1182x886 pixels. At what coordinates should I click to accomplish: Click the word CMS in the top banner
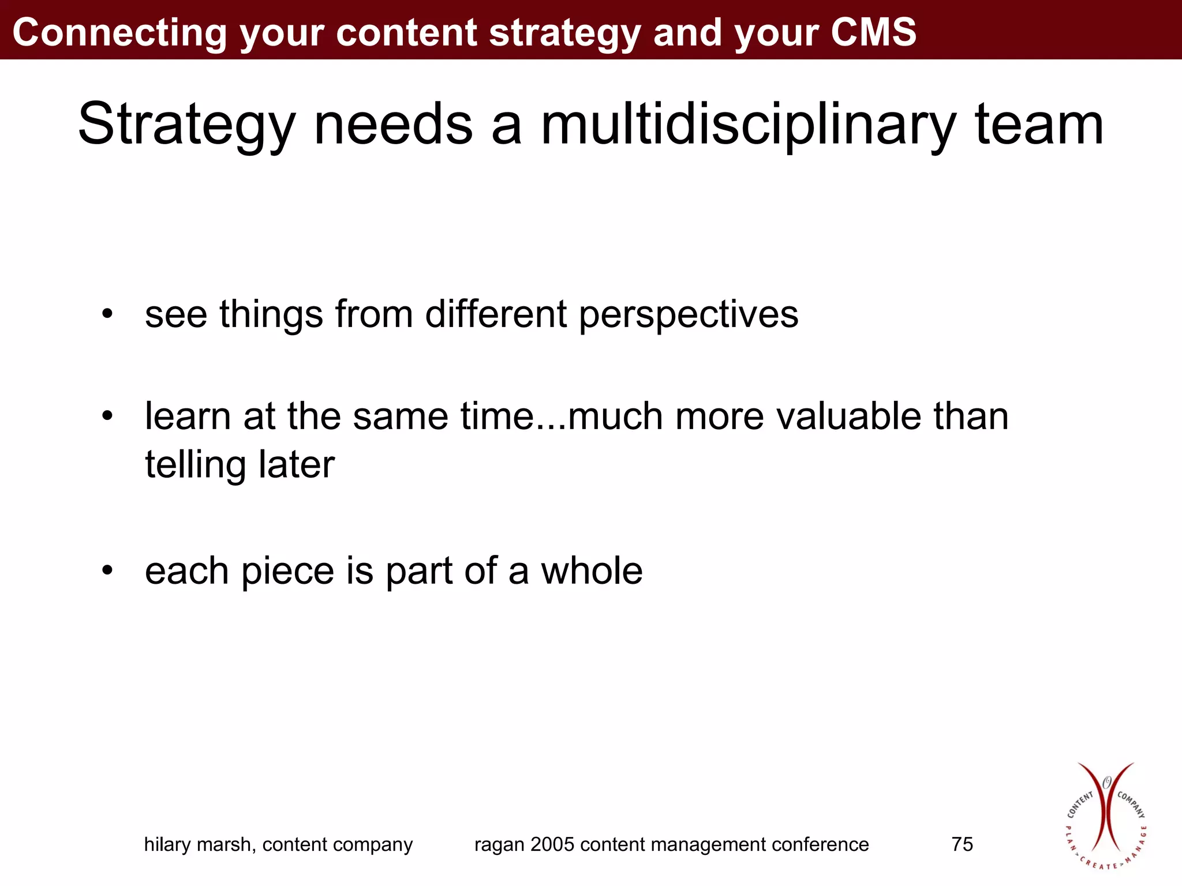[873, 32]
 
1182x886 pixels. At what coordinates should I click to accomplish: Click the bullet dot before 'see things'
[107, 315]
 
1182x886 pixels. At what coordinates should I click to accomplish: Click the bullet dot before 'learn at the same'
[107, 416]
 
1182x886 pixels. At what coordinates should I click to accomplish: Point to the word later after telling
[296, 464]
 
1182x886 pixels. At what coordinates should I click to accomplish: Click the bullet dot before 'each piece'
[107, 570]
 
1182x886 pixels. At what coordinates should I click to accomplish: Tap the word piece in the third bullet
[287, 572]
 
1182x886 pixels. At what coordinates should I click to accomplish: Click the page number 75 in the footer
[962, 844]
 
